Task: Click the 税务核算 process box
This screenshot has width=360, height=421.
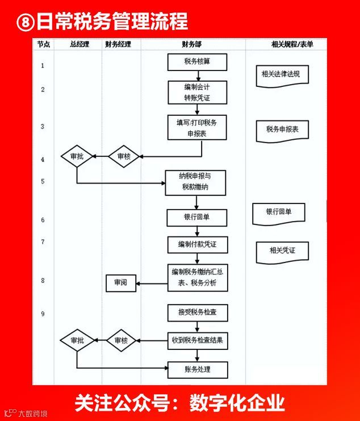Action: [197, 61]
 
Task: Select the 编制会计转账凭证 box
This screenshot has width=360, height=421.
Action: [197, 93]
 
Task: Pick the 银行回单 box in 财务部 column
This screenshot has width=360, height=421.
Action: [197, 218]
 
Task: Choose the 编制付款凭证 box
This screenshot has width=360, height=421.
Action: [197, 244]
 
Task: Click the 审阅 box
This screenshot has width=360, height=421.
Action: [120, 282]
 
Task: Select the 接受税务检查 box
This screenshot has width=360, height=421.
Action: [197, 312]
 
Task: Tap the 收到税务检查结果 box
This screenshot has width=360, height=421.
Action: [197, 341]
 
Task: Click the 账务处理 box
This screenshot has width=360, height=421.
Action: [197, 370]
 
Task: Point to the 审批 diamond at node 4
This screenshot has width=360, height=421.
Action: [77, 156]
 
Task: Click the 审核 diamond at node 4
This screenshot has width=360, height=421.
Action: [124, 156]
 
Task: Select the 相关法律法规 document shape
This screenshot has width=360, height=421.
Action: [282, 75]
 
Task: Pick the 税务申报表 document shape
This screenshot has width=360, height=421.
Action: [282, 131]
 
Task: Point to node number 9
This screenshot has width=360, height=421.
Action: [43, 314]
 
